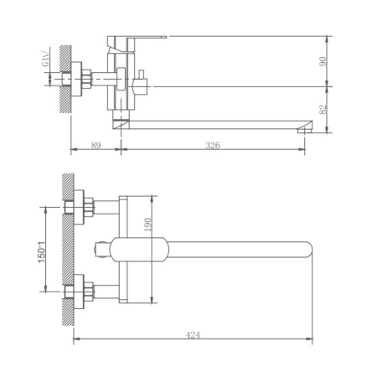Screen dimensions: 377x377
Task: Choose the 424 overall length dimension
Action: [194, 334]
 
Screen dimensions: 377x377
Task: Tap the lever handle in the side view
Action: [142, 39]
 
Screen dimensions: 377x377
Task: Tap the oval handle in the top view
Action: [138, 249]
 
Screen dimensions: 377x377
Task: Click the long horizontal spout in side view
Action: [218, 121]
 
